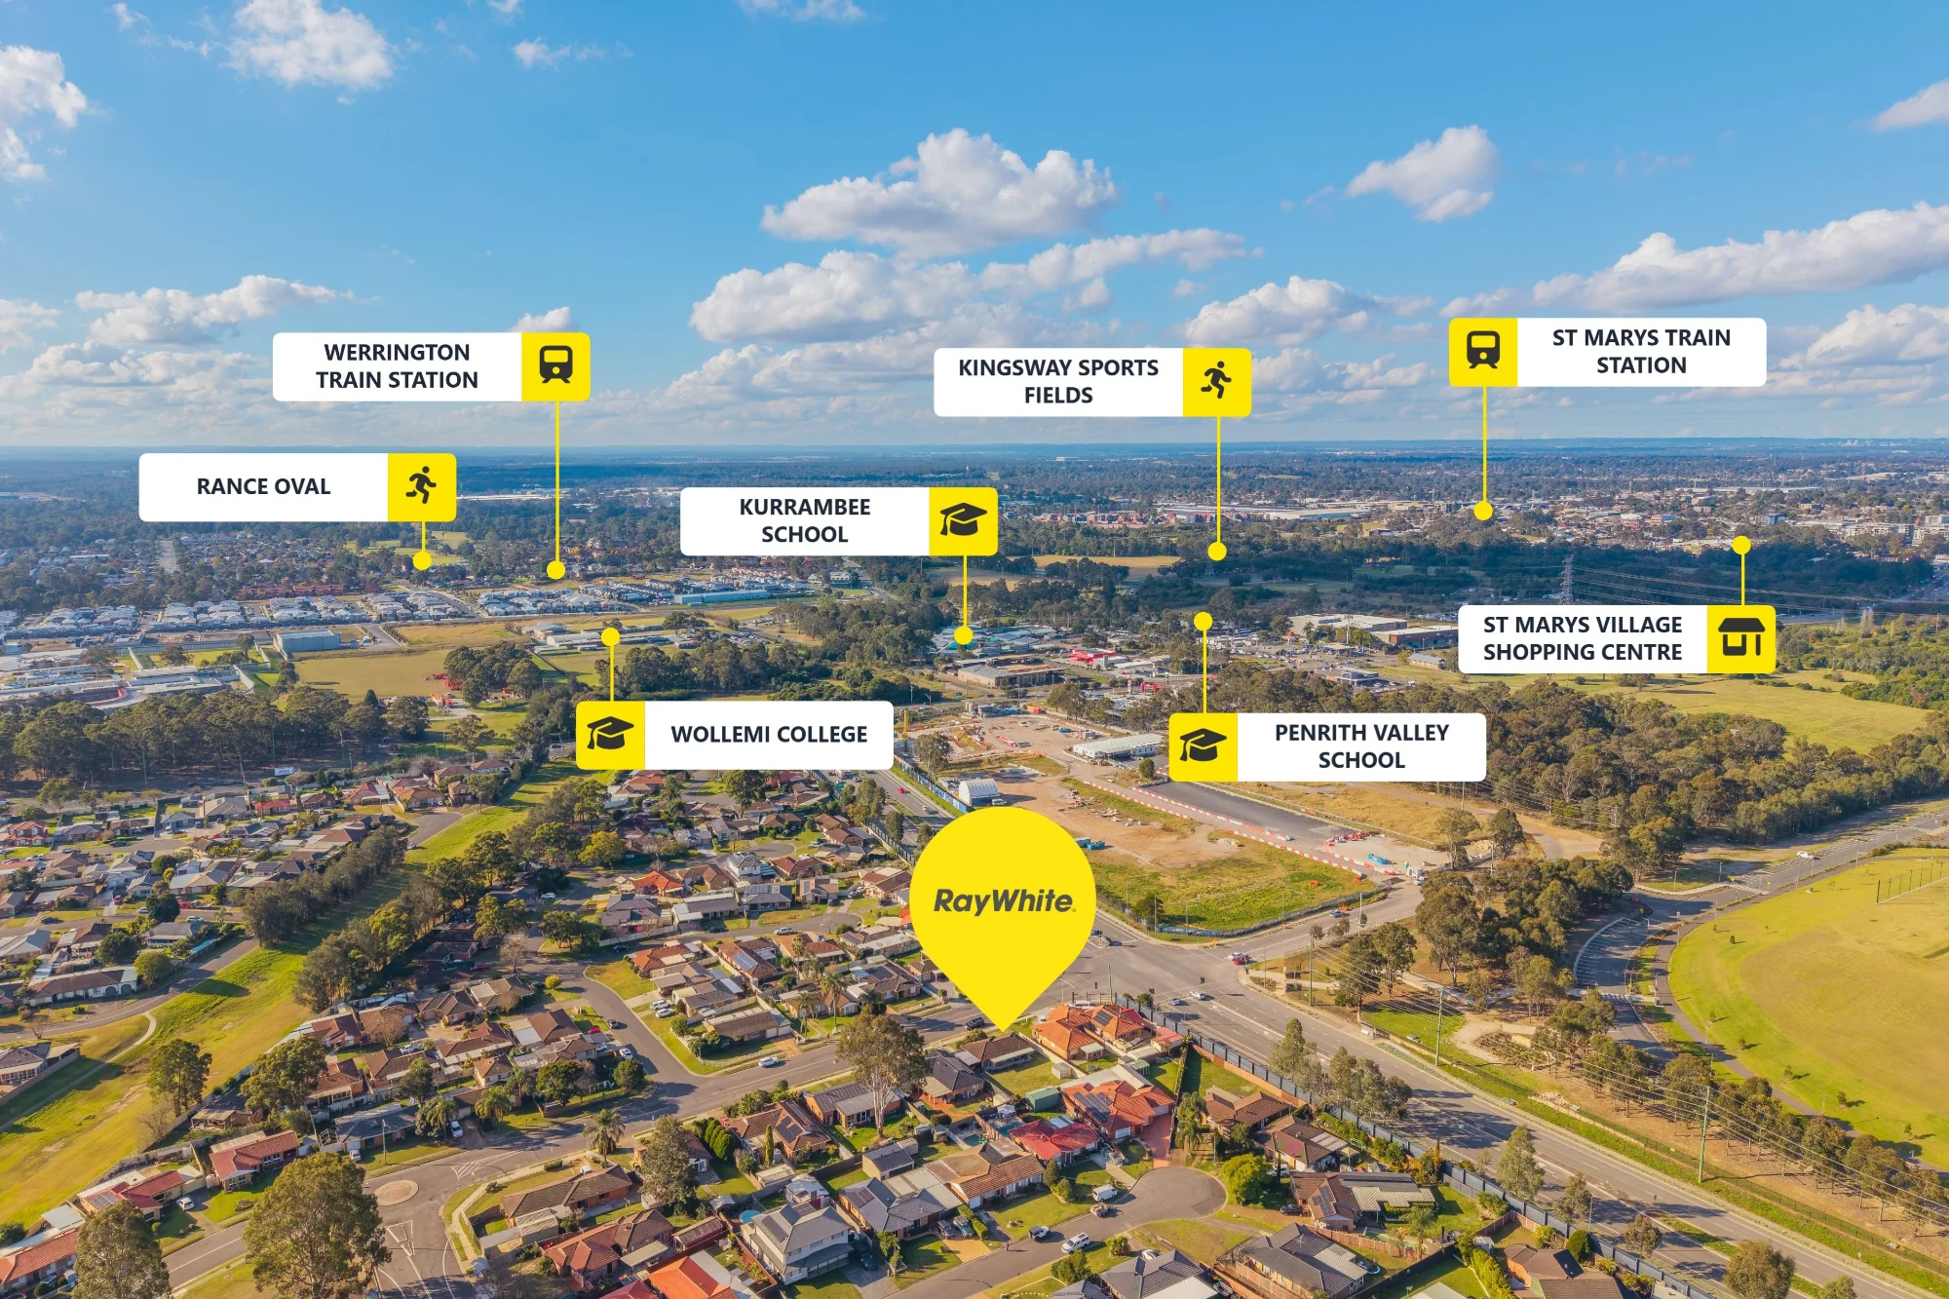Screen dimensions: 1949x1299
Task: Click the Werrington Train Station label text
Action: click(x=397, y=365)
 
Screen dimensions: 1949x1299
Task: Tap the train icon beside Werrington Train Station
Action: click(x=555, y=365)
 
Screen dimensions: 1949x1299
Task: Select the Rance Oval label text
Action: click(x=263, y=486)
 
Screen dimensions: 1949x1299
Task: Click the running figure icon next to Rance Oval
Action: click(x=422, y=485)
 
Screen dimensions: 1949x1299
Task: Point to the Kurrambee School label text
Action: click(x=804, y=520)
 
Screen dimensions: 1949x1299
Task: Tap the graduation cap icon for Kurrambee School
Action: click(x=963, y=520)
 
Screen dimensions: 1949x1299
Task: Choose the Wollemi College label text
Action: click(x=769, y=734)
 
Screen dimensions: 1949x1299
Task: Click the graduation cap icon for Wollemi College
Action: click(x=610, y=734)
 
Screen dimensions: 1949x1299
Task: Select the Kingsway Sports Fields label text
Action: click(x=1058, y=381)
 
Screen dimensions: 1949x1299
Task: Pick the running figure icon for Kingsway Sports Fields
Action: click(x=1216, y=380)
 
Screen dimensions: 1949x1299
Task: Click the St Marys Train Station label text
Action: click(x=1641, y=351)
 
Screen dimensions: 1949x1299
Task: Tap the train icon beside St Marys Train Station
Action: click(x=1483, y=350)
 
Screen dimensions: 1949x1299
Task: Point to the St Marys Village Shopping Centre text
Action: click(x=1583, y=638)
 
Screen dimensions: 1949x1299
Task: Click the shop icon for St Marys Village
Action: click(x=1740, y=637)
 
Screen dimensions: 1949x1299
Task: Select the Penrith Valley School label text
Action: click(x=1361, y=745)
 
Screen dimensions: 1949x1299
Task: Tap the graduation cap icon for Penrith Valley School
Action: click(x=1203, y=745)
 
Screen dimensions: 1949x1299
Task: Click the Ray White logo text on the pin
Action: click(x=1004, y=901)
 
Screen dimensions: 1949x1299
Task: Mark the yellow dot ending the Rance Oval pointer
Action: click(x=422, y=560)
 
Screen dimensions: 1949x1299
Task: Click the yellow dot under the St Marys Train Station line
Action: click(x=1483, y=511)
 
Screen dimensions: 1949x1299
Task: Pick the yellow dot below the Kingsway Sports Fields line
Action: click(x=1217, y=552)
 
